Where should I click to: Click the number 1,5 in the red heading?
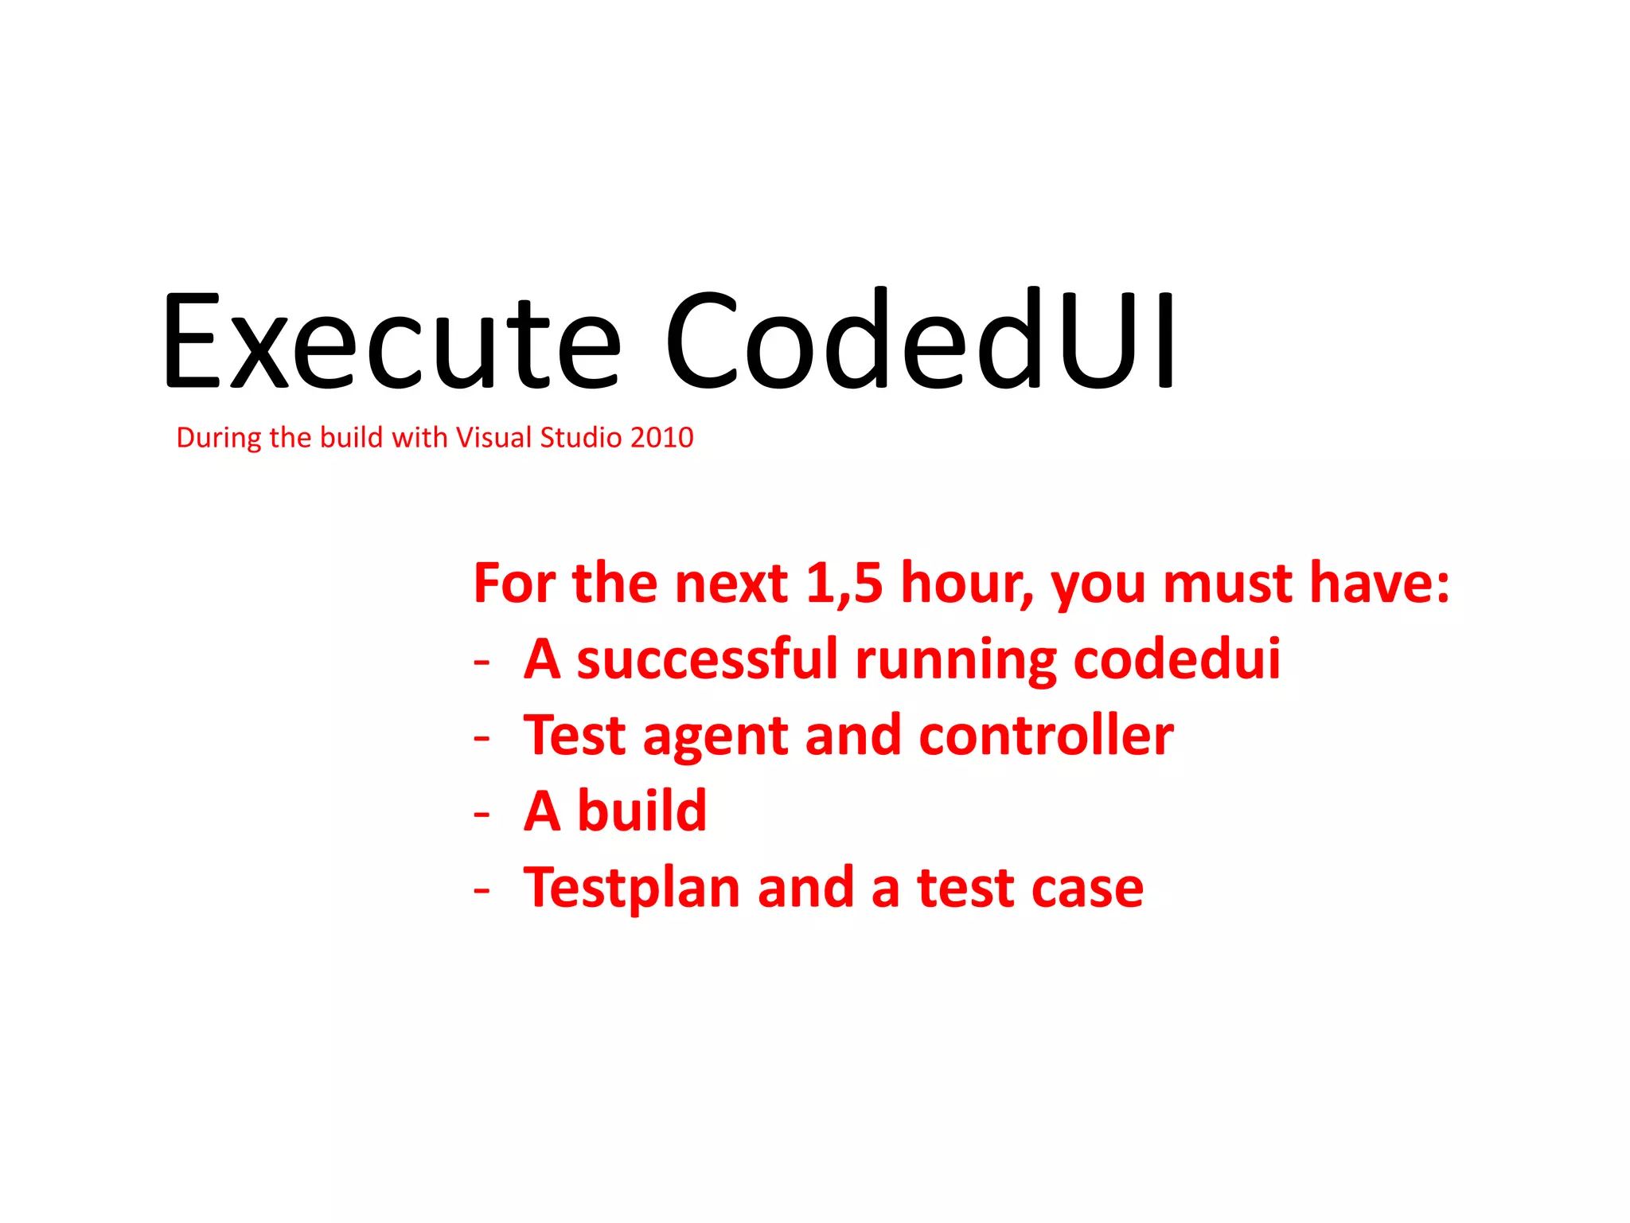point(844,583)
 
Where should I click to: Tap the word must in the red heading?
point(1227,583)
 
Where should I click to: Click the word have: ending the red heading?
point(1379,583)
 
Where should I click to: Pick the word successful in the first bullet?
point(707,659)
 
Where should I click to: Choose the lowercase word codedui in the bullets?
point(1176,659)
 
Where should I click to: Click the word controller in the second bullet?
point(1046,735)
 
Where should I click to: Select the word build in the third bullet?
point(641,811)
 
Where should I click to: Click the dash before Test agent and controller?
point(482,739)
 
